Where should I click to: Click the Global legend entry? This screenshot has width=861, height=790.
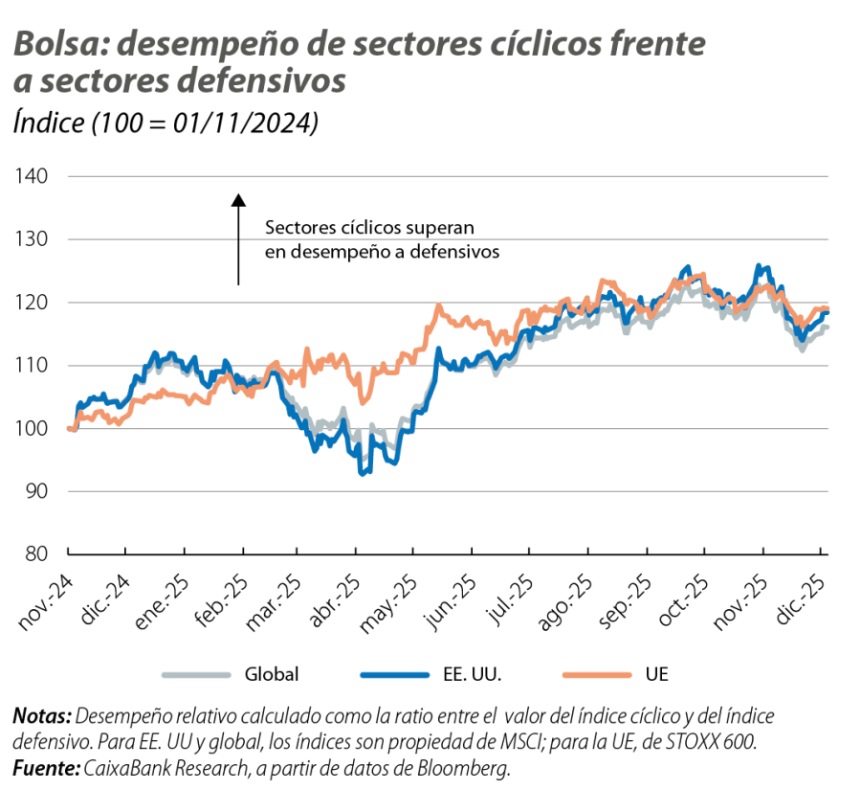(272, 675)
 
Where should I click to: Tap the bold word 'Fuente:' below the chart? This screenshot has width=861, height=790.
(46, 768)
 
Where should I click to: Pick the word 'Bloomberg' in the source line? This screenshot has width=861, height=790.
(477, 768)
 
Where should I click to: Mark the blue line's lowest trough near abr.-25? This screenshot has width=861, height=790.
(363, 471)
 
